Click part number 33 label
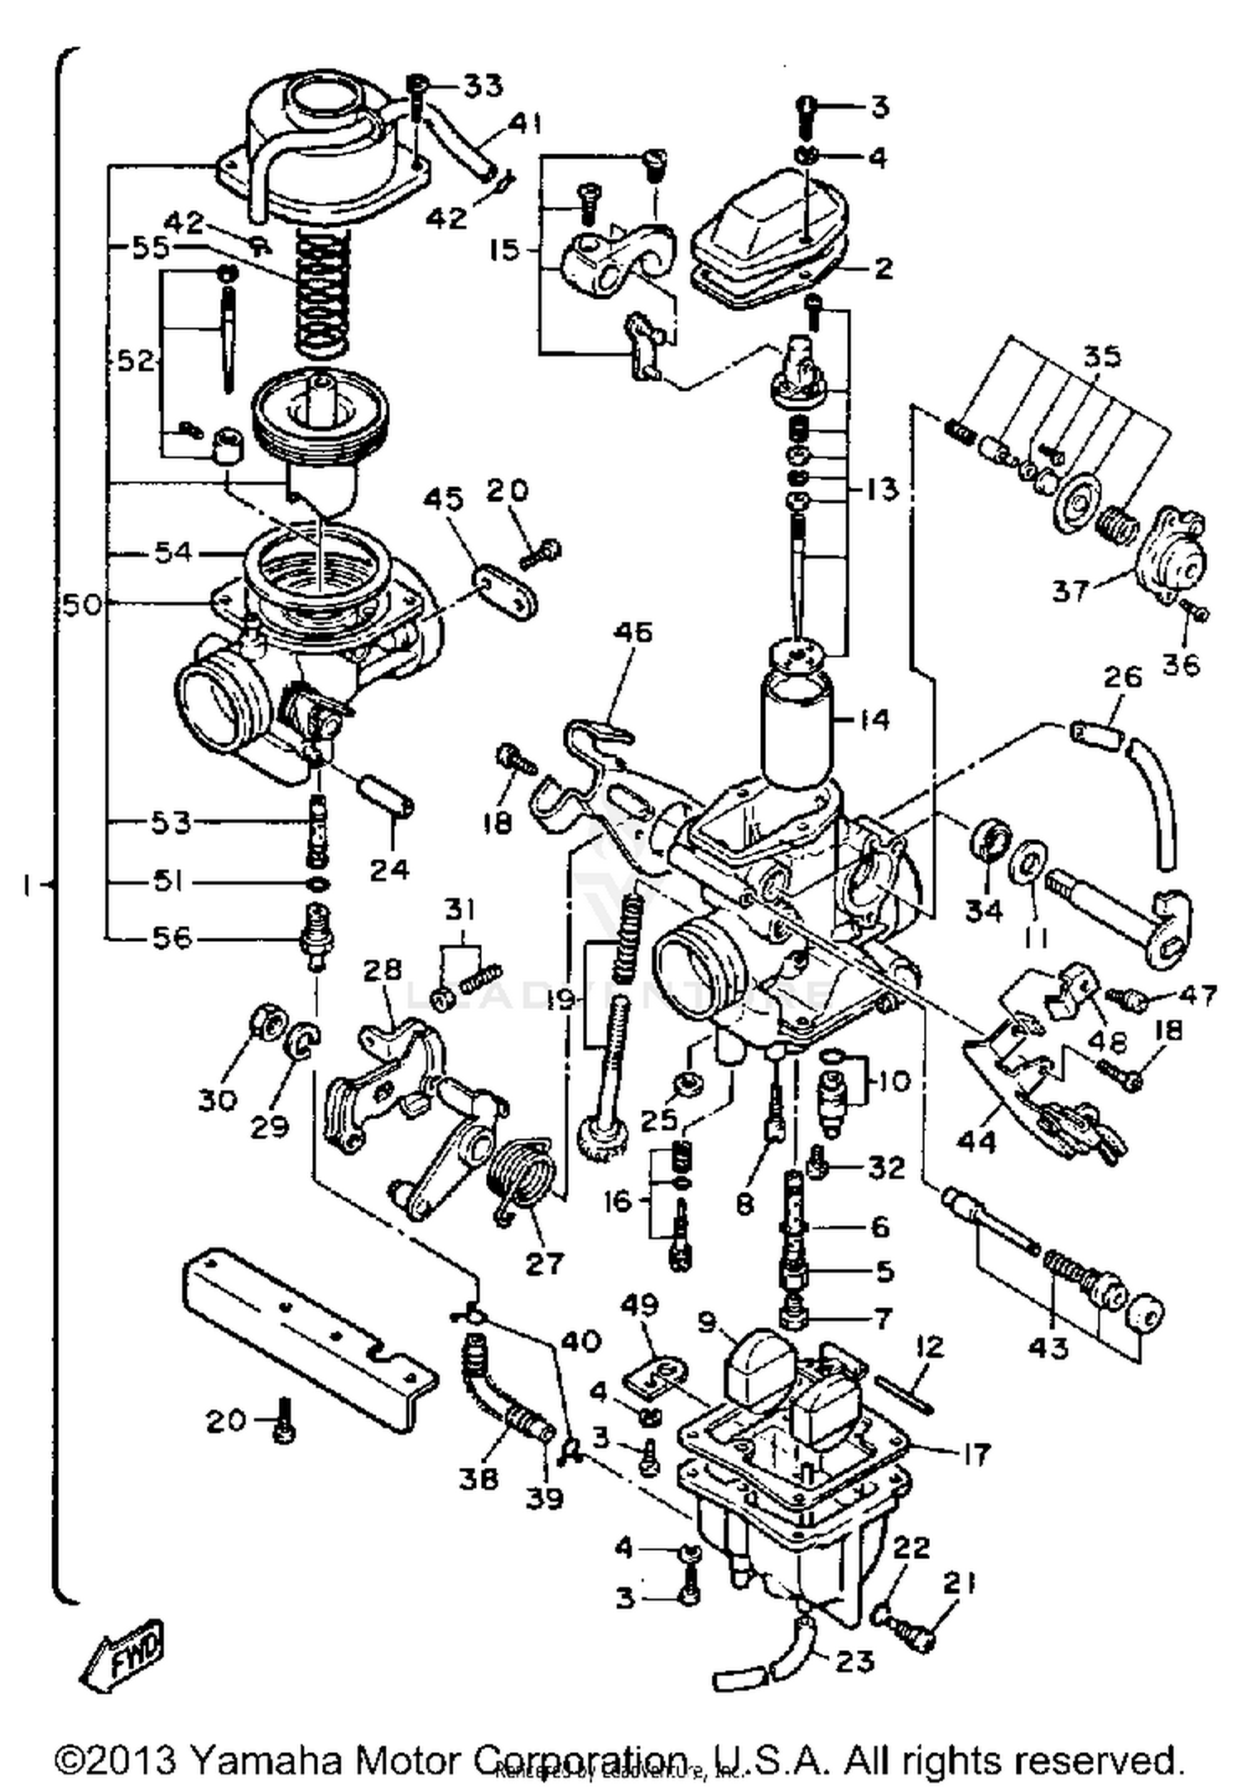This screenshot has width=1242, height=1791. [x=483, y=84]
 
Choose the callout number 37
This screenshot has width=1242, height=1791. [x=1070, y=591]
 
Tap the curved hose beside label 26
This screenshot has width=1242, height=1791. [x=1155, y=804]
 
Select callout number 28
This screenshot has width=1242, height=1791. [x=382, y=969]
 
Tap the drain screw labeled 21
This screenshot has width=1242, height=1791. [x=912, y=1635]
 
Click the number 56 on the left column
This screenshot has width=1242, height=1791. [x=171, y=938]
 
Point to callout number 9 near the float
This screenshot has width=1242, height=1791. [x=705, y=1324]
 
